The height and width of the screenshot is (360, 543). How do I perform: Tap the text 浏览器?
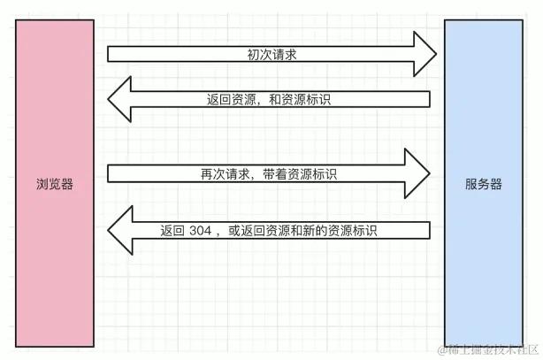pyautogui.click(x=56, y=185)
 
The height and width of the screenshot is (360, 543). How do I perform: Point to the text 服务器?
pyautogui.click(x=484, y=185)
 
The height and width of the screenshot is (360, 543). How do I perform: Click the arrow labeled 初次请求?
pyautogui.click(x=265, y=54)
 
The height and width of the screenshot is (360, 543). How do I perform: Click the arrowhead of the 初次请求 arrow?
pyautogui.click(x=423, y=54)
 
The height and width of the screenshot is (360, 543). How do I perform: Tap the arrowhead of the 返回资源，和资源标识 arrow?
pyautogui.click(x=120, y=99)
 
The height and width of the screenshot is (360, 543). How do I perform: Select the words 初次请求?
pyautogui.click(x=271, y=54)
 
